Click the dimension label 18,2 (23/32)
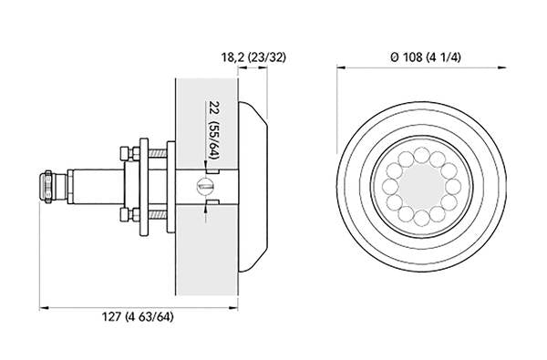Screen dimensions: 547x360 click(x=253, y=57)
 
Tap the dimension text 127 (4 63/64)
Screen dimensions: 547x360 click(x=138, y=317)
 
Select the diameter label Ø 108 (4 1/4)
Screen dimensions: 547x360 click(x=426, y=57)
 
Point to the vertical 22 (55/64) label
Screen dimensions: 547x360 click(x=212, y=130)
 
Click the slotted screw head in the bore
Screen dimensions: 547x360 click(x=205, y=186)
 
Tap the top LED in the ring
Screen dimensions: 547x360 click(x=421, y=155)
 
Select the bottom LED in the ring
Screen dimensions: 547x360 click(x=421, y=218)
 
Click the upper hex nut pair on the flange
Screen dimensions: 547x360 click(x=129, y=153)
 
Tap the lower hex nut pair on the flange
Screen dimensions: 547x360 click(x=129, y=214)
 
